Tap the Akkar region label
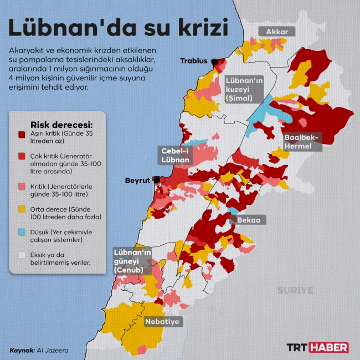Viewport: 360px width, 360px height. (277, 32)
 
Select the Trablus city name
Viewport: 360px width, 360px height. (194, 61)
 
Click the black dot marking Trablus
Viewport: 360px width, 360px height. (214, 62)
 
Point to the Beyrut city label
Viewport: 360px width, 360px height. (138, 180)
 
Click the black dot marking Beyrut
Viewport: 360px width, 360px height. (157, 179)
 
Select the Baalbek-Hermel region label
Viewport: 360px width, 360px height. (301, 142)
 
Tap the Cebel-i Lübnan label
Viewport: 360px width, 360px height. (176, 155)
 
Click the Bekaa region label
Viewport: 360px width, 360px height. (248, 220)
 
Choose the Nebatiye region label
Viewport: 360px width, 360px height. (162, 321)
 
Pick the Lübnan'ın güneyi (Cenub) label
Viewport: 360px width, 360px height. (132, 260)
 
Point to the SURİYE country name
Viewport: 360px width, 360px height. (295, 290)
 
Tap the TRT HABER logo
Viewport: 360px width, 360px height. (317, 347)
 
